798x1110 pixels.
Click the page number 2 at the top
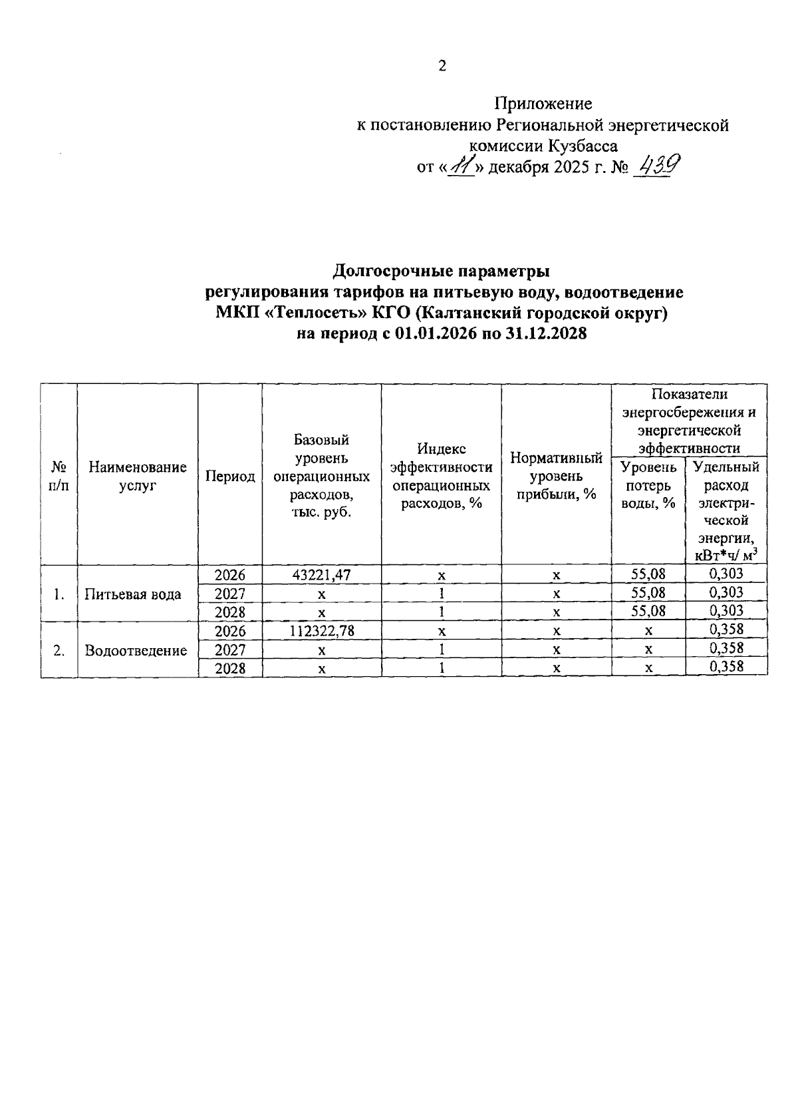pyautogui.click(x=442, y=66)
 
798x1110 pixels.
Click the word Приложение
pyautogui.click(x=543, y=104)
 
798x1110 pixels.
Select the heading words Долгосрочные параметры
pyautogui.click(x=441, y=272)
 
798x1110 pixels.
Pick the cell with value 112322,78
pyautogui.click(x=321, y=630)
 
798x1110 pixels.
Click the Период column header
pyautogui.click(x=230, y=476)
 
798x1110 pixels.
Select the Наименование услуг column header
pyautogui.click(x=138, y=476)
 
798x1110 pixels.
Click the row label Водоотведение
pyautogui.click(x=136, y=651)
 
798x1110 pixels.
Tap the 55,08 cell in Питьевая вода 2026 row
pyautogui.click(x=648, y=574)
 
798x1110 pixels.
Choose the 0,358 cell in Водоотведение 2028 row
pyautogui.click(x=726, y=667)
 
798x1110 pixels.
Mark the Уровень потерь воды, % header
pyautogui.click(x=648, y=485)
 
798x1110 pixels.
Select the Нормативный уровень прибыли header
pyautogui.click(x=556, y=476)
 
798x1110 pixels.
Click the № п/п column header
pyautogui.click(x=59, y=476)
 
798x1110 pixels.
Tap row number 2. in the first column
pyautogui.click(x=59, y=651)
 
